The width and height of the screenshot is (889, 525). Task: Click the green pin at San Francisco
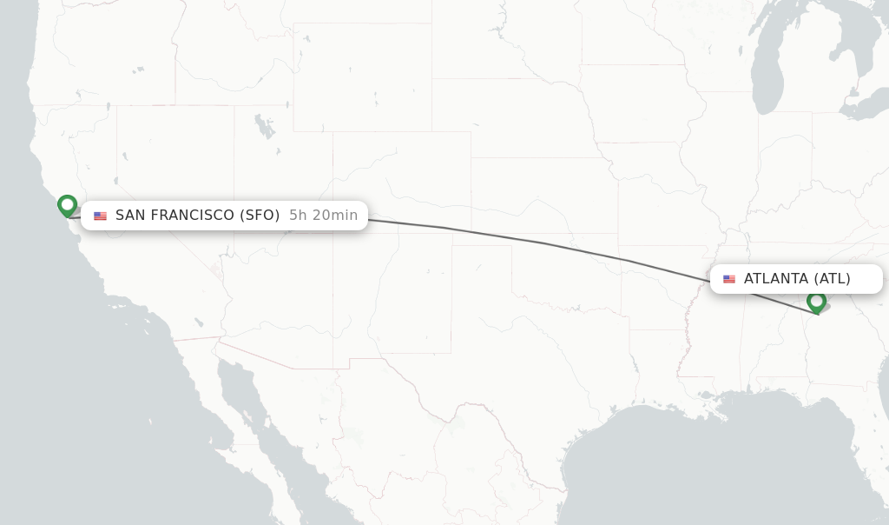coord(67,206)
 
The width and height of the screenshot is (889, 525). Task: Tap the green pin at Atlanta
coord(816,302)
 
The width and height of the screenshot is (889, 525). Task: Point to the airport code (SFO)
coord(260,216)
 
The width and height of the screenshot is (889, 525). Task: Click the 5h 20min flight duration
coord(323,216)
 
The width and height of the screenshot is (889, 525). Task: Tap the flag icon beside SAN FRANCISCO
coord(100,216)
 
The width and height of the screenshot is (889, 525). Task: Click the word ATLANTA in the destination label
coord(776,279)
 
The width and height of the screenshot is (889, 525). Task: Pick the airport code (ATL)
coord(832,279)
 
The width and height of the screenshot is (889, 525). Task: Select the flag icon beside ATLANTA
coord(729,279)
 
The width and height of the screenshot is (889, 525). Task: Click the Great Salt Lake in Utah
coord(263,127)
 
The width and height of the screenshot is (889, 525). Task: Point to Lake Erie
coord(868,109)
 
